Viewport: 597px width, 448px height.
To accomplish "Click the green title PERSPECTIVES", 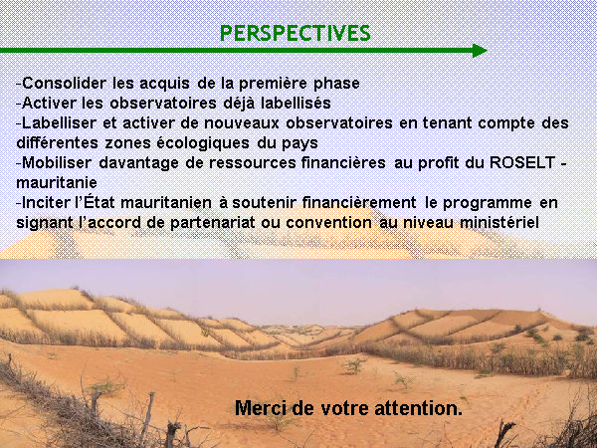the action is click(x=296, y=34).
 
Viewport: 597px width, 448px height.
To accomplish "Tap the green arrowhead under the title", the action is click(x=480, y=51).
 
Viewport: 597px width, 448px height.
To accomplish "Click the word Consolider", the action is click(x=64, y=83).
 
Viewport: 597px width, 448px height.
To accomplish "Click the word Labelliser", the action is click(x=60, y=122).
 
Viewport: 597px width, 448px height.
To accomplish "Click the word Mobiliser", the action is click(x=57, y=162).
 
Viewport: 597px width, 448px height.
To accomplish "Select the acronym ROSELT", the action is click(x=522, y=162).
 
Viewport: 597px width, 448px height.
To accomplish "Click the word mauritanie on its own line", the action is click(x=57, y=182).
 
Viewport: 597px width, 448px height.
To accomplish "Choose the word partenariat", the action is click(x=213, y=223).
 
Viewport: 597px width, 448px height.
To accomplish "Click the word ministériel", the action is click(x=499, y=222).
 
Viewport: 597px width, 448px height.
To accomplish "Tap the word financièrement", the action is click(x=359, y=202).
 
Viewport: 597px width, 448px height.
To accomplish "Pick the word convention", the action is click(x=329, y=222).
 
